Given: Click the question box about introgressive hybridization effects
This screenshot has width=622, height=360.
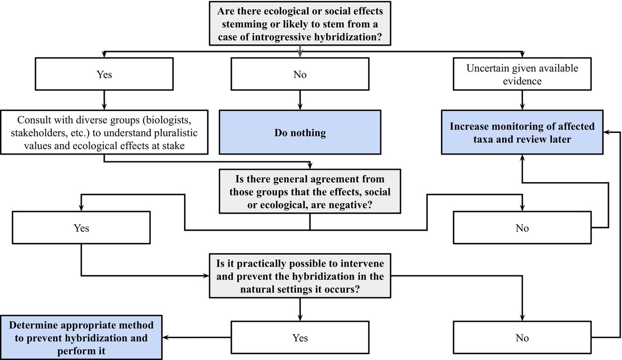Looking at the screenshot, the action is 300,23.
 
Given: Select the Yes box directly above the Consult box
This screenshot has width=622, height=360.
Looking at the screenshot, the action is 104,74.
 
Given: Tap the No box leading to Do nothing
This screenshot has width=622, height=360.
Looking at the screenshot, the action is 300,74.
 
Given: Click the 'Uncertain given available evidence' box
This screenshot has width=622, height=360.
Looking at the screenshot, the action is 522,74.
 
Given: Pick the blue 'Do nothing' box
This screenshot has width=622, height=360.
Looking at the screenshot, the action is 300,132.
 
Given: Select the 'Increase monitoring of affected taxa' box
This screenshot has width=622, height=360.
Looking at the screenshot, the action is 522,132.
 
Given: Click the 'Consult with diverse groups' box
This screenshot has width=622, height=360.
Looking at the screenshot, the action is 104,132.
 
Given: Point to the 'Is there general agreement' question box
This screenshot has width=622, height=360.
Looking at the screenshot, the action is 310,191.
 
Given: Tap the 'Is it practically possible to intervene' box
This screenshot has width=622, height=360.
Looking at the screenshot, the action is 300,276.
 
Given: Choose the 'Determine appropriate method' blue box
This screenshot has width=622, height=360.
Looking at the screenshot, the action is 81,338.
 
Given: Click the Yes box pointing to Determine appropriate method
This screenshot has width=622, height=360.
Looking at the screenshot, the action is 300,338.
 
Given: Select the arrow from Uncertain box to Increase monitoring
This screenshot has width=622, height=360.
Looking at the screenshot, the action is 522,100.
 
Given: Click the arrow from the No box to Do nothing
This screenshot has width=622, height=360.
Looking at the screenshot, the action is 300,100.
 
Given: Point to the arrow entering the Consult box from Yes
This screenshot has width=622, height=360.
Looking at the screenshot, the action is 104,100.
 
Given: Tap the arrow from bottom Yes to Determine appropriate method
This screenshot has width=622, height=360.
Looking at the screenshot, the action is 196,338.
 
